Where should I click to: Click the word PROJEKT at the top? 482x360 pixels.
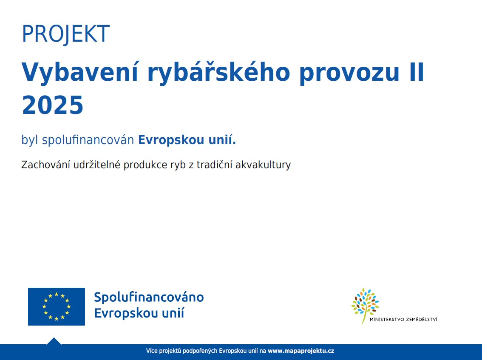66,34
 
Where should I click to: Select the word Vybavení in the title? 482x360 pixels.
80,72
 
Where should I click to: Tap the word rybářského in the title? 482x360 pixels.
218,72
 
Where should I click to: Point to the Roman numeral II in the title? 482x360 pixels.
417,72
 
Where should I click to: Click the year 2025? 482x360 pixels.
53,105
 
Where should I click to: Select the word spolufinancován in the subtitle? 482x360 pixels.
88,140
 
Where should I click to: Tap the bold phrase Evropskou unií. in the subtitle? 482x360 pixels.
187,140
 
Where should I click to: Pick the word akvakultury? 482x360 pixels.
263,165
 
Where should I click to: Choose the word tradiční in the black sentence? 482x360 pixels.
215,165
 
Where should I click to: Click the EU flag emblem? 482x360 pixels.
57,306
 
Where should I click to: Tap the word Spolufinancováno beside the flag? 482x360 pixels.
149,297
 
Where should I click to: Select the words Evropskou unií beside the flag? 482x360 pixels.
139,313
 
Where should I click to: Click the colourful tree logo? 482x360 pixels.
365,306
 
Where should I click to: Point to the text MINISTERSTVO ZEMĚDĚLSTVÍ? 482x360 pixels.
403,320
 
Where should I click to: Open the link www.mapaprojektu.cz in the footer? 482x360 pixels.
301,351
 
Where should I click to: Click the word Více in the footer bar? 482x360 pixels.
152,351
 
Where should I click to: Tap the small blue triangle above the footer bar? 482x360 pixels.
54,341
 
